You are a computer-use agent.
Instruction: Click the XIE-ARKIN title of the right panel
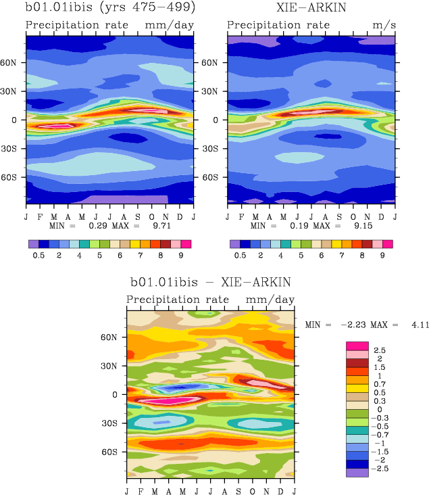(311, 8)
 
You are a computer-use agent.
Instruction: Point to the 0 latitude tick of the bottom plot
(115, 394)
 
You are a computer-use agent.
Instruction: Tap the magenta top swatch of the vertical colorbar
(357, 346)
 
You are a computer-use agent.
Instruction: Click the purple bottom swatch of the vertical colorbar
(357, 473)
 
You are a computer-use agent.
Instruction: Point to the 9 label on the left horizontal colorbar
(181, 256)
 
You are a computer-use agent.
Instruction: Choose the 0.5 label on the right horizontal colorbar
(240, 256)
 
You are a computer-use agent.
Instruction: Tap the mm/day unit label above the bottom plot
(270, 300)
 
